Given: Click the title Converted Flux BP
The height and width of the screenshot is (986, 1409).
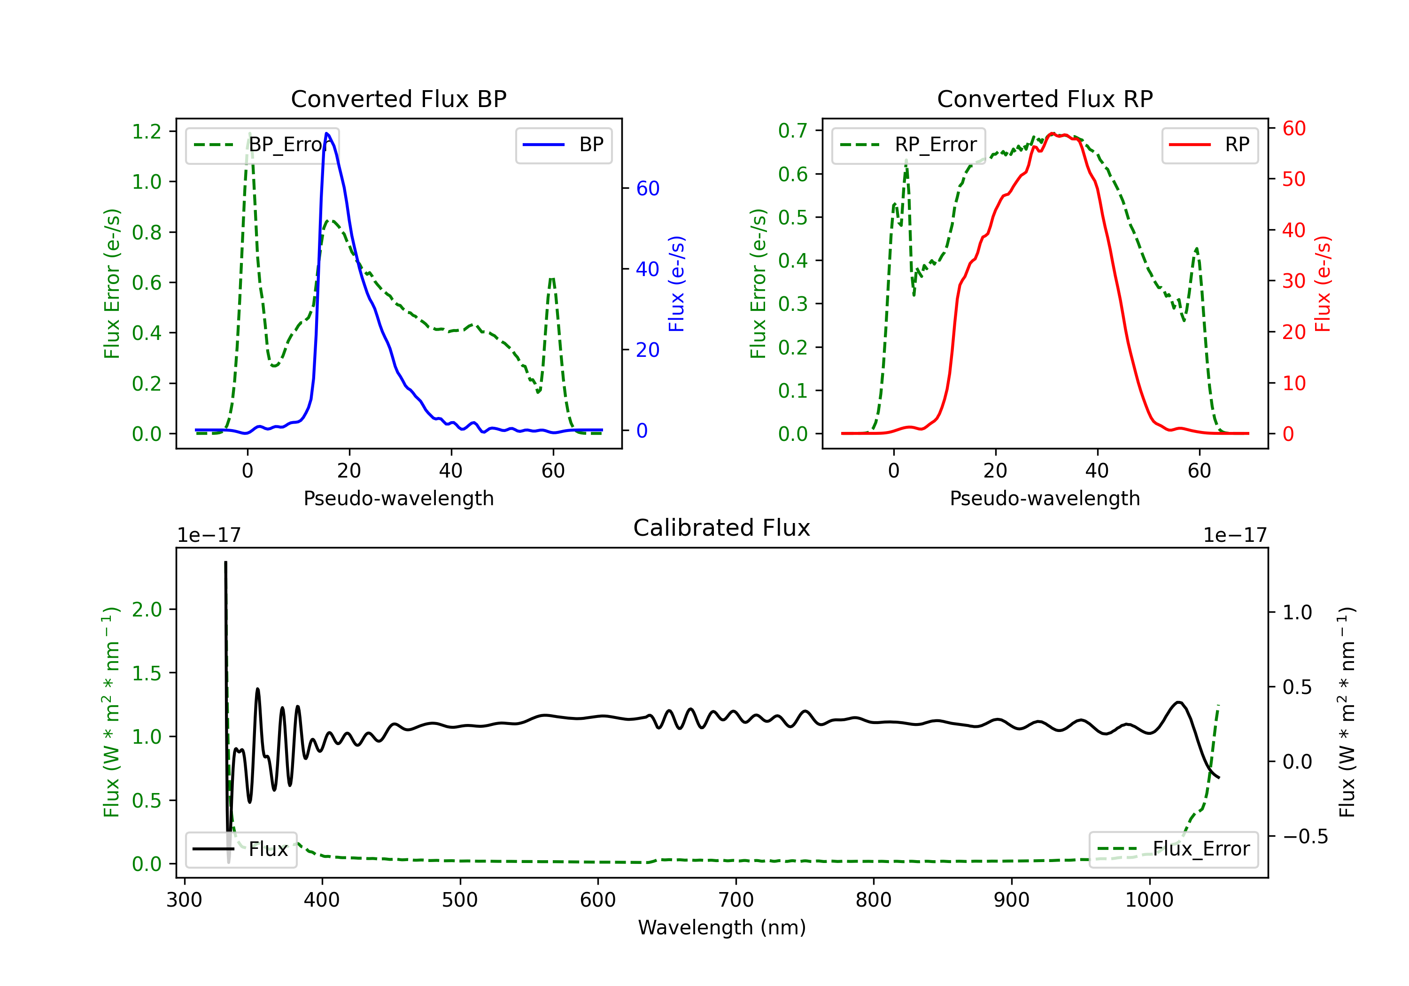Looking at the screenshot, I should [398, 99].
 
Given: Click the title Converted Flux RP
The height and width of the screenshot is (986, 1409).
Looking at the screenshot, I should [1045, 99].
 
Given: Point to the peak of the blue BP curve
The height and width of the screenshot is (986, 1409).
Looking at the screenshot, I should [326, 133].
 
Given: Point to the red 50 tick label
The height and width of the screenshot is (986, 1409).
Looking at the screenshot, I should [1293, 179].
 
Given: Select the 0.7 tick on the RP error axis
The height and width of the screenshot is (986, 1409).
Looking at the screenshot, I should [793, 130].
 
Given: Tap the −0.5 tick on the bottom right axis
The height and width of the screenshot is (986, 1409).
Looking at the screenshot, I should [1305, 836].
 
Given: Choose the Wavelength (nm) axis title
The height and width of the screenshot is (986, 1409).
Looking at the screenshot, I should [722, 927].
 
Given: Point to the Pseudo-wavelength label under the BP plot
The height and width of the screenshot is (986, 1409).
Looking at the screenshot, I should [398, 498].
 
